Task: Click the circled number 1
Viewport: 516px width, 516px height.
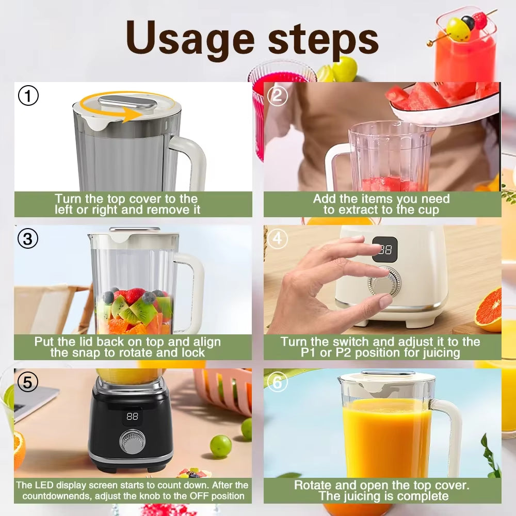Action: click(x=28, y=96)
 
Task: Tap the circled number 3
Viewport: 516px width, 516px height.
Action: click(x=28, y=238)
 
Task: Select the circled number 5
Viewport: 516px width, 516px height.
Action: click(x=28, y=382)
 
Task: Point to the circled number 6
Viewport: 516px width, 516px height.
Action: click(x=278, y=382)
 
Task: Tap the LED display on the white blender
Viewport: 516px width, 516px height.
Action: click(x=385, y=250)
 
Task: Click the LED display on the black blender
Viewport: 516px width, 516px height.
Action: click(x=133, y=416)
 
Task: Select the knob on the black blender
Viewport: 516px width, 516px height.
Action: click(x=132, y=442)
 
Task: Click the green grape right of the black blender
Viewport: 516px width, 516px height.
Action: click(x=220, y=446)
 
